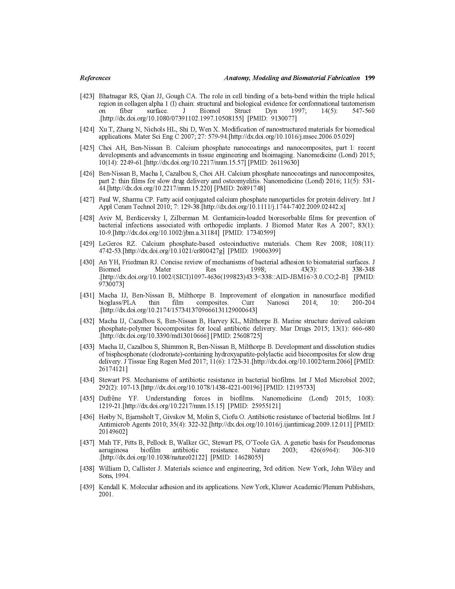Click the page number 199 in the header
click(x=369, y=78)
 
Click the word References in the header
click(x=95, y=78)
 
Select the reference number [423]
click(x=87, y=96)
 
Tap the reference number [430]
click(x=87, y=262)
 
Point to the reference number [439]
click(x=87, y=487)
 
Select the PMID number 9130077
click(x=284, y=118)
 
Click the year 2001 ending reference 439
click(x=105, y=494)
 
